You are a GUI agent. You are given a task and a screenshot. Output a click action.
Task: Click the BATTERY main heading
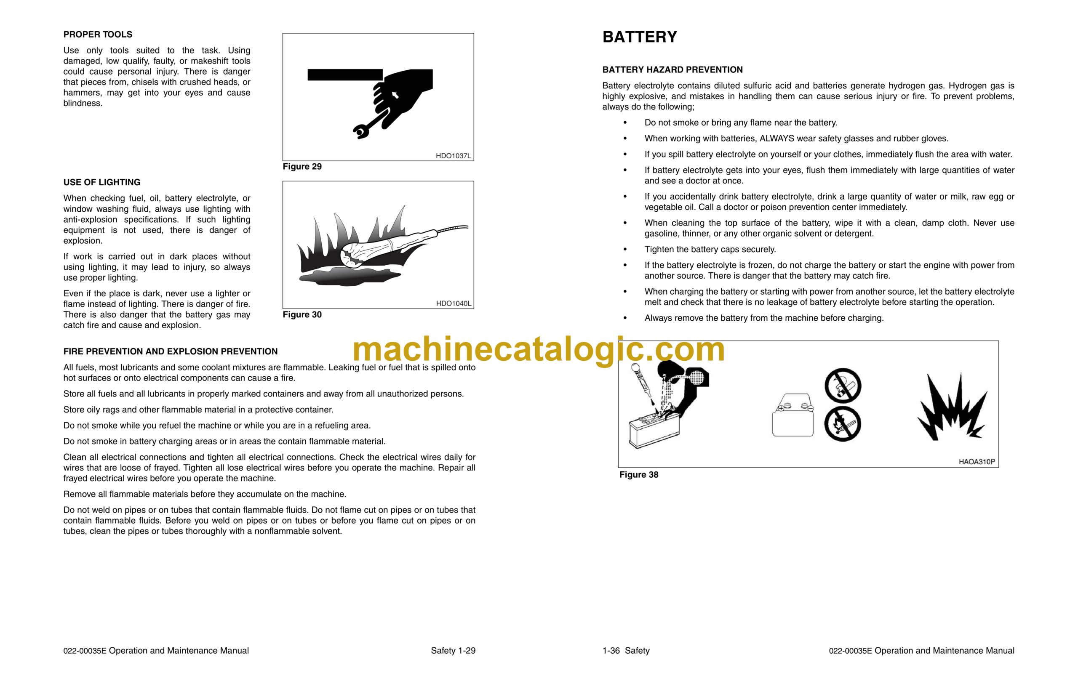(x=639, y=37)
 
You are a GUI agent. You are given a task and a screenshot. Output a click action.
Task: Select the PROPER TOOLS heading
(x=98, y=35)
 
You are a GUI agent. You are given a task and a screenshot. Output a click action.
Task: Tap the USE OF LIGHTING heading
(x=102, y=182)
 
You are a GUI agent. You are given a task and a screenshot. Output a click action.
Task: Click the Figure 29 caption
(x=302, y=167)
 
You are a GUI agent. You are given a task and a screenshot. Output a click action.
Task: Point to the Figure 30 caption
(x=302, y=314)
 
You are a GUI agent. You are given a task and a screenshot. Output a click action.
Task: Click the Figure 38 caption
(x=638, y=475)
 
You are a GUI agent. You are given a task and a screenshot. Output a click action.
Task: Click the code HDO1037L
(x=453, y=156)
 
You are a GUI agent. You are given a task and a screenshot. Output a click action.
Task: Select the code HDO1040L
(x=453, y=304)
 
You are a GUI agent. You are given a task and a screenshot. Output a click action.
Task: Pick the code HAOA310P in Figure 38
(x=976, y=462)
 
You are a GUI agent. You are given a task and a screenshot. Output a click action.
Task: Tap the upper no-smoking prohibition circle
(x=842, y=386)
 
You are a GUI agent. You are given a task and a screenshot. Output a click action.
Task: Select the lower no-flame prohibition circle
(x=842, y=424)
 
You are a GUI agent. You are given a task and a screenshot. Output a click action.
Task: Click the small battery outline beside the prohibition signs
(x=792, y=416)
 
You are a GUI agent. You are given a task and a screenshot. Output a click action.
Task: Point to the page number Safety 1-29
(x=453, y=651)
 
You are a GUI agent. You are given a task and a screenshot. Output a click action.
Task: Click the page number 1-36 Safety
(x=626, y=651)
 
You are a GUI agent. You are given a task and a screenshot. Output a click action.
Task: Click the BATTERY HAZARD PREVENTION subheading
(x=672, y=70)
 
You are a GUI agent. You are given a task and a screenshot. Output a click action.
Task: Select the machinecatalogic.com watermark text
(x=538, y=349)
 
